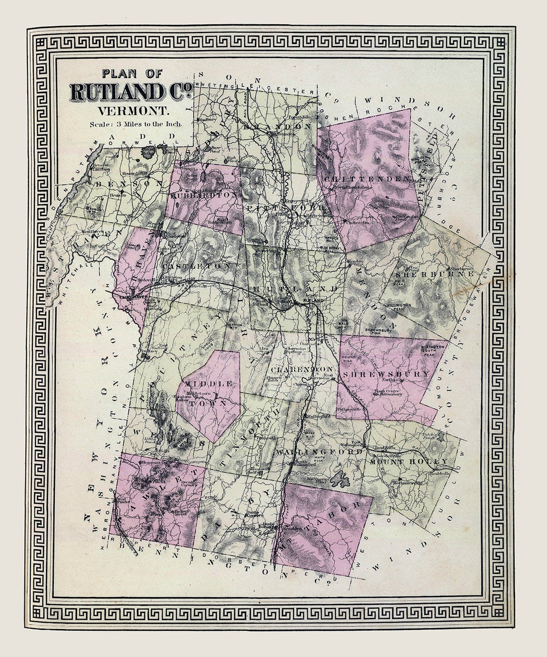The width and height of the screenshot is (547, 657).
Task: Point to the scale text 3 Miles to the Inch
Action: [136, 123]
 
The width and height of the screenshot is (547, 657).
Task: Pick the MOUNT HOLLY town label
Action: [408, 461]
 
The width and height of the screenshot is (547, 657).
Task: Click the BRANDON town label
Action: [276, 126]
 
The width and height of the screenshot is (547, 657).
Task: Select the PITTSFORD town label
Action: [287, 208]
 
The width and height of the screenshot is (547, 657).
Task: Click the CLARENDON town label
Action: [302, 369]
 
